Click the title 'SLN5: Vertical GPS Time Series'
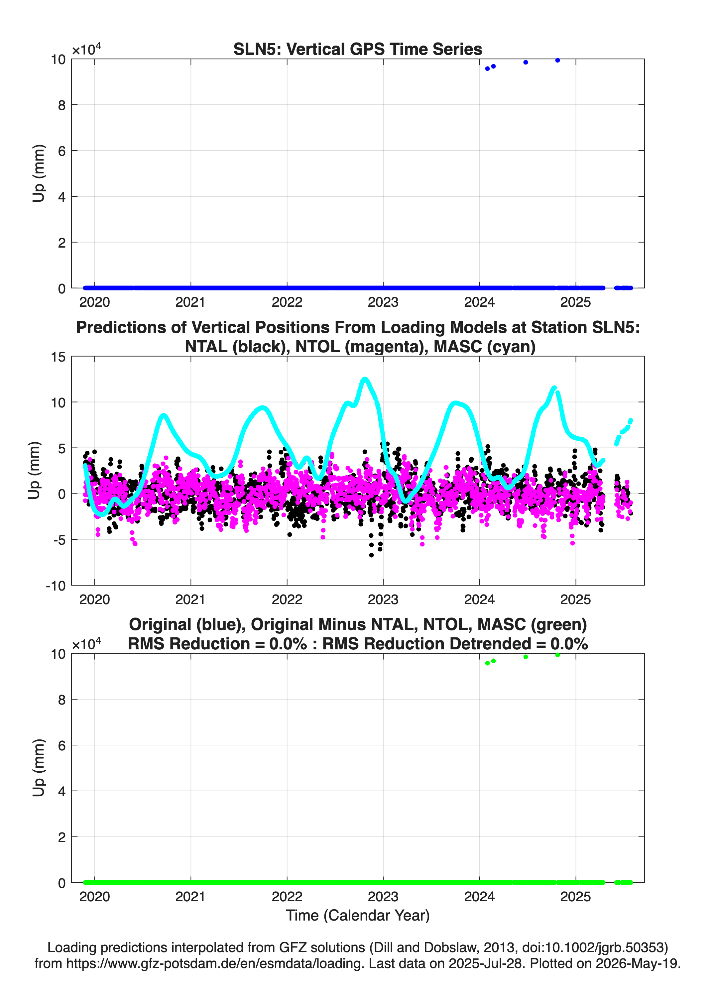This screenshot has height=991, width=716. [x=358, y=49]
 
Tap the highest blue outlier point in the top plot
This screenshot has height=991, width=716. [x=557, y=60]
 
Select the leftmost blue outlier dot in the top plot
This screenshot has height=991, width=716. [x=487, y=68]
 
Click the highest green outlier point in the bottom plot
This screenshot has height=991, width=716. [x=557, y=655]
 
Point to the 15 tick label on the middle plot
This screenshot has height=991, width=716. [x=58, y=357]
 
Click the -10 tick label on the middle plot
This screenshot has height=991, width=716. [x=56, y=586]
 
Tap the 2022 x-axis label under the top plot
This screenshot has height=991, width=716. [x=287, y=302]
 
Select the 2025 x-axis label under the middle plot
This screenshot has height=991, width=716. [x=575, y=600]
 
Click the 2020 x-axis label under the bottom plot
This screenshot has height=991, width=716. [x=94, y=897]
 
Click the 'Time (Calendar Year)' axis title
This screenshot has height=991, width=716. [x=358, y=916]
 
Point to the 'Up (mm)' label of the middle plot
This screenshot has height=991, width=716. [x=34, y=471]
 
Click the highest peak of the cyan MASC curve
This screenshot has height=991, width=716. [x=365, y=379]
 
